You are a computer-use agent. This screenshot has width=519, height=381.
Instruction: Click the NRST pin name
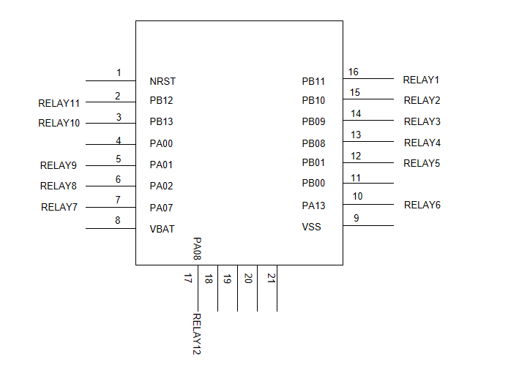point(163,81)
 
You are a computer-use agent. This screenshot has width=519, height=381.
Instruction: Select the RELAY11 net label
point(59,103)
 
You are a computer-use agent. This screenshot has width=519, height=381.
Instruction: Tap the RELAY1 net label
point(421,80)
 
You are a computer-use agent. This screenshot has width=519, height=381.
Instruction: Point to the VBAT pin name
point(162,229)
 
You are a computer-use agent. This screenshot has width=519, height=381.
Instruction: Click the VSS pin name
point(311,227)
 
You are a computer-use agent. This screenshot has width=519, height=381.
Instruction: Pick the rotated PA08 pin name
point(197,249)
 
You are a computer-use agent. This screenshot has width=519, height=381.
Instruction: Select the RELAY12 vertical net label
point(197,334)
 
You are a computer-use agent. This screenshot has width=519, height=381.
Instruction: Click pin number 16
point(353,72)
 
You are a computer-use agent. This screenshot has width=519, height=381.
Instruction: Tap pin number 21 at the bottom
point(271,278)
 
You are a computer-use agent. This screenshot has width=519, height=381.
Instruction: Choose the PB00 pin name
point(313,183)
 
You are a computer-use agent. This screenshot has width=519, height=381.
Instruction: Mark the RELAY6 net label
point(422,205)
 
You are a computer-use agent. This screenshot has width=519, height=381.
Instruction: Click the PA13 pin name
point(313,205)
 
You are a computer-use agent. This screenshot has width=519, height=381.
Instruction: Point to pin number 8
point(118,220)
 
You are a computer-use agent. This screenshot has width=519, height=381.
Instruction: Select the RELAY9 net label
point(59,165)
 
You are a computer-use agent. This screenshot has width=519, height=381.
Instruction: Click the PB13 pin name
point(161,121)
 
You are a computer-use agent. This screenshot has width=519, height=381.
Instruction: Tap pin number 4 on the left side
point(118,140)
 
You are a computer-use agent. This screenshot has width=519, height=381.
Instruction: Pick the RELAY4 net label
point(422,143)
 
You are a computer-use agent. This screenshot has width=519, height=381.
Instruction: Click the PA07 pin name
point(161,208)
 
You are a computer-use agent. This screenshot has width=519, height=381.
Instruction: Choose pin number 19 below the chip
point(227,279)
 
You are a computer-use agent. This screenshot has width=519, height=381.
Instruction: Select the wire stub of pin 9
point(368,225)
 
